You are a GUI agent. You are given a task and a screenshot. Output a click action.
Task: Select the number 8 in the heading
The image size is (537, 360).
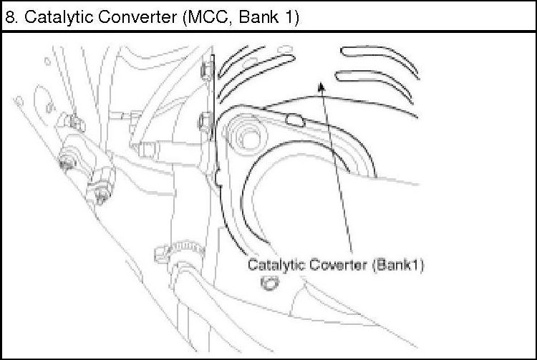click(10, 17)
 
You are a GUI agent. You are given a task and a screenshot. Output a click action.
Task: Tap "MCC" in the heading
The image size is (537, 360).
click(210, 17)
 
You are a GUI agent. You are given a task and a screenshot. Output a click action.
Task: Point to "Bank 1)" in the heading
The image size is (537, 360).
click(271, 17)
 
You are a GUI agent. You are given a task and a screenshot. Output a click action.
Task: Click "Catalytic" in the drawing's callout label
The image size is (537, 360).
click(273, 264)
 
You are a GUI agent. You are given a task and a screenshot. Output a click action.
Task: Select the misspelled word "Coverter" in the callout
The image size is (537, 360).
click(337, 264)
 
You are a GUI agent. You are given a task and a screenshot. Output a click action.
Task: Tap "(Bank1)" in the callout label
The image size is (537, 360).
click(399, 264)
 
